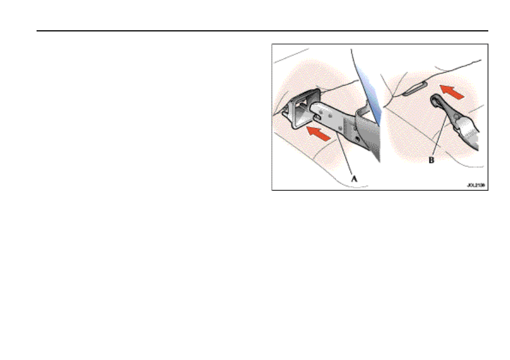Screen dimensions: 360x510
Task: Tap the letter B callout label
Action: click(x=431, y=161)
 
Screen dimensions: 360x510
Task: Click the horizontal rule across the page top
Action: click(x=263, y=31)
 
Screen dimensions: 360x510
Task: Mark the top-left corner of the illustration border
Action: click(x=272, y=44)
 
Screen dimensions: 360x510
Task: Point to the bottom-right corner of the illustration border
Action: click(x=488, y=190)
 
